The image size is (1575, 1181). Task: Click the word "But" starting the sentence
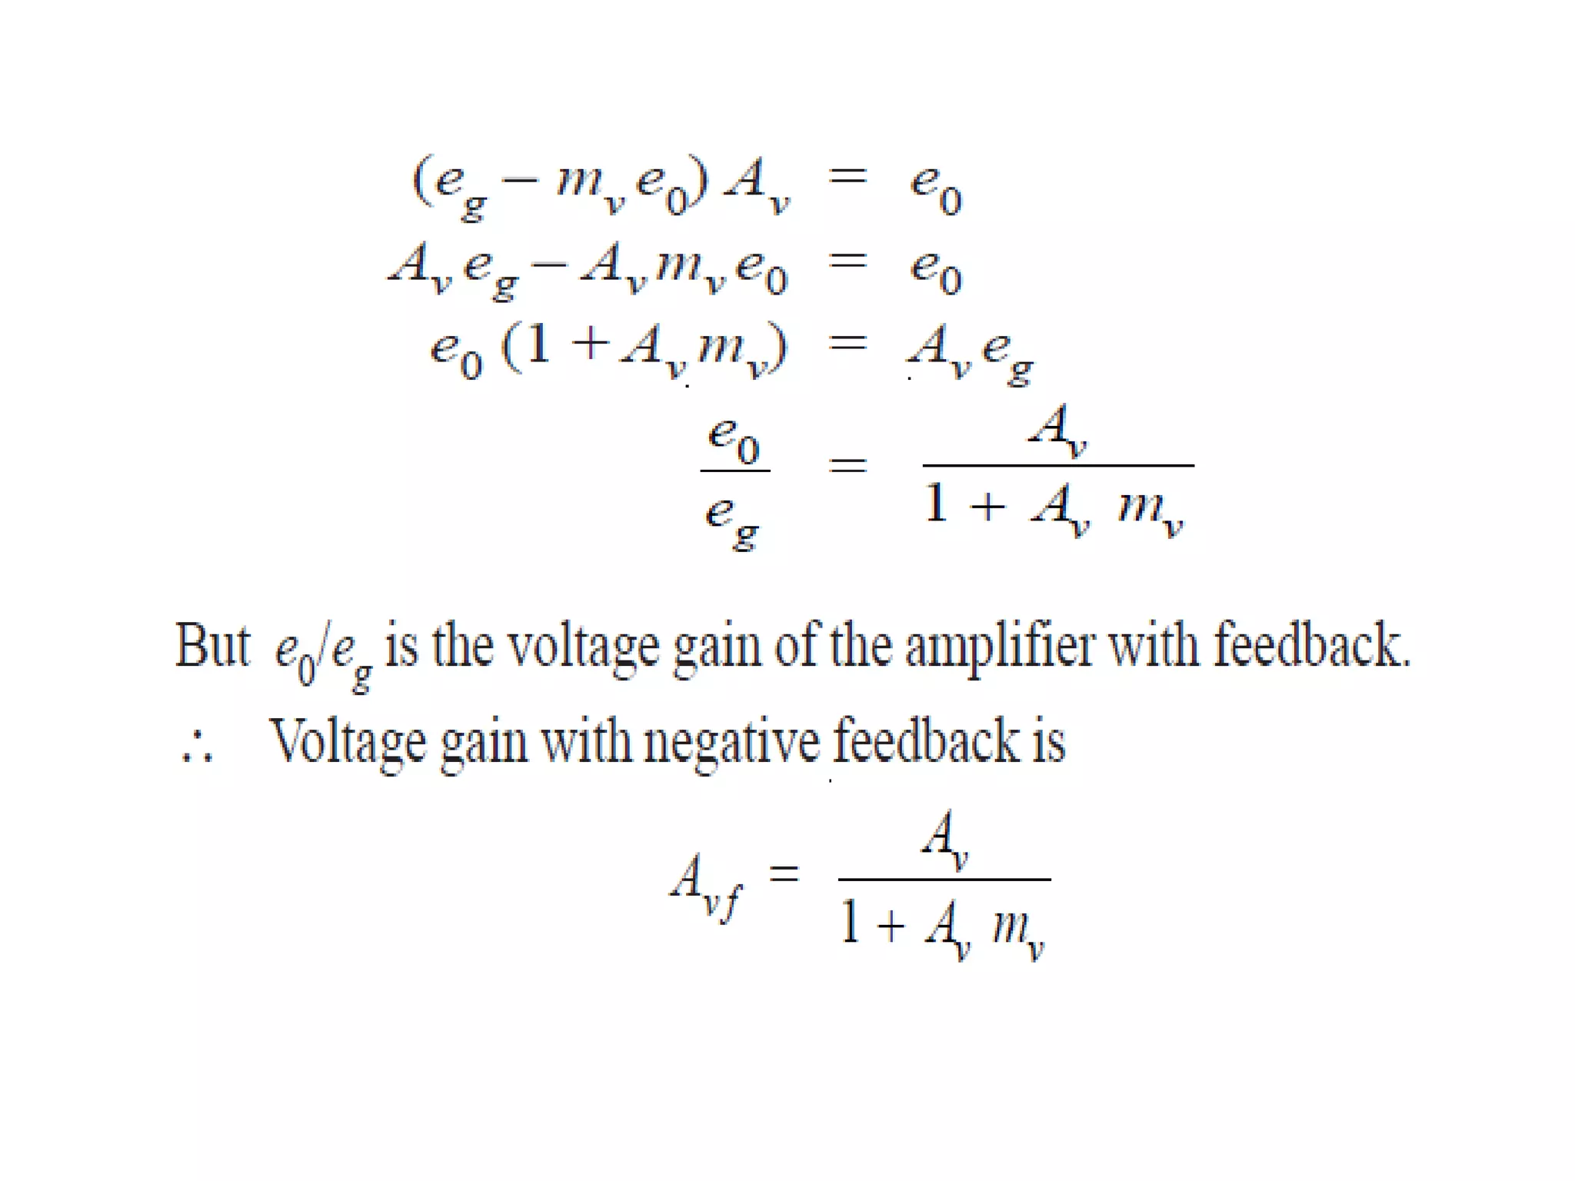click(x=212, y=645)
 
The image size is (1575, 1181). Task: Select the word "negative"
click(x=731, y=742)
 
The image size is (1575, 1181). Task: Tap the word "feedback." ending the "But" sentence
click(x=1312, y=645)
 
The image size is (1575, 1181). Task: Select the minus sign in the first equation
click(x=520, y=181)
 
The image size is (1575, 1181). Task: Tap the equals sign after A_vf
click(x=784, y=875)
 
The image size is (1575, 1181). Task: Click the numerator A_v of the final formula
click(x=944, y=838)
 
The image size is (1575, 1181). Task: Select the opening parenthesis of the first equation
click(x=421, y=180)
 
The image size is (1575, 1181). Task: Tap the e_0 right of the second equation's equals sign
click(x=935, y=271)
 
